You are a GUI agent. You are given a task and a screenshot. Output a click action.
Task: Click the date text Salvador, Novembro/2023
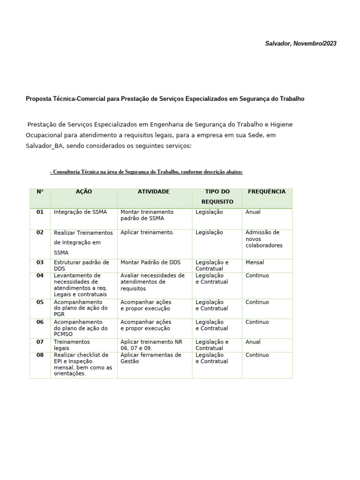point(300,44)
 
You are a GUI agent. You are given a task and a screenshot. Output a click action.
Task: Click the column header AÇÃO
point(84,192)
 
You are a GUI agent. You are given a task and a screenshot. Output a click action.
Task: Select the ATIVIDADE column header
point(153,192)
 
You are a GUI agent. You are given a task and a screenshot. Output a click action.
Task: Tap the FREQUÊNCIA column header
point(266,192)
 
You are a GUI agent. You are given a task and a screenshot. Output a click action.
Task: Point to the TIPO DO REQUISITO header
point(217,196)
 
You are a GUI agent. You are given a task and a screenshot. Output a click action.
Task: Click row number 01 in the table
point(40,212)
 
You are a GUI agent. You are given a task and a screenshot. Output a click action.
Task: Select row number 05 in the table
point(40,302)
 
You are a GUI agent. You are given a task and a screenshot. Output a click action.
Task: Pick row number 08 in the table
point(40,355)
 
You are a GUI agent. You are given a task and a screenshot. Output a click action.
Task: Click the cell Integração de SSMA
point(80,212)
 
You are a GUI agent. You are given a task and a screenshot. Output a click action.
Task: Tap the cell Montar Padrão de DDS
point(150,262)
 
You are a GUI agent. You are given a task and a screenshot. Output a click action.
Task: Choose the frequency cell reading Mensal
point(255,262)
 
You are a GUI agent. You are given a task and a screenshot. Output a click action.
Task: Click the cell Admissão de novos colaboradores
point(264,239)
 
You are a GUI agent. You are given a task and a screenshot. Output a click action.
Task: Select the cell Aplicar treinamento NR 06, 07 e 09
point(151,345)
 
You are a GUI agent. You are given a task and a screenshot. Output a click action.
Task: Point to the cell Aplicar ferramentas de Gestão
point(150,358)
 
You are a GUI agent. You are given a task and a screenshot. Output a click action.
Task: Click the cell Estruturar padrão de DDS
point(81,265)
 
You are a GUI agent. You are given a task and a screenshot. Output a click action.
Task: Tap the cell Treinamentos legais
point(72,345)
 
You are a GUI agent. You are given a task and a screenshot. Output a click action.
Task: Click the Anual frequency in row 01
point(253,212)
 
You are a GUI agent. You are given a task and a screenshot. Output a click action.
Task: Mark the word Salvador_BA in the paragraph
point(44,146)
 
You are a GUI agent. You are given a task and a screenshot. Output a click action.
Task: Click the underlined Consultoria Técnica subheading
point(146,172)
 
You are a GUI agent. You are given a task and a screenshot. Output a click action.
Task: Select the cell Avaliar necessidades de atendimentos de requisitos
point(152,282)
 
